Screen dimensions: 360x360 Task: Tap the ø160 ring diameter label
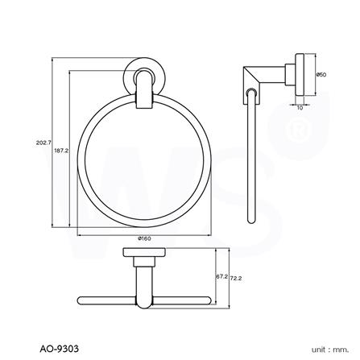click(145, 239)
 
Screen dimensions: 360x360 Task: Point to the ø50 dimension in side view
click(320, 75)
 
